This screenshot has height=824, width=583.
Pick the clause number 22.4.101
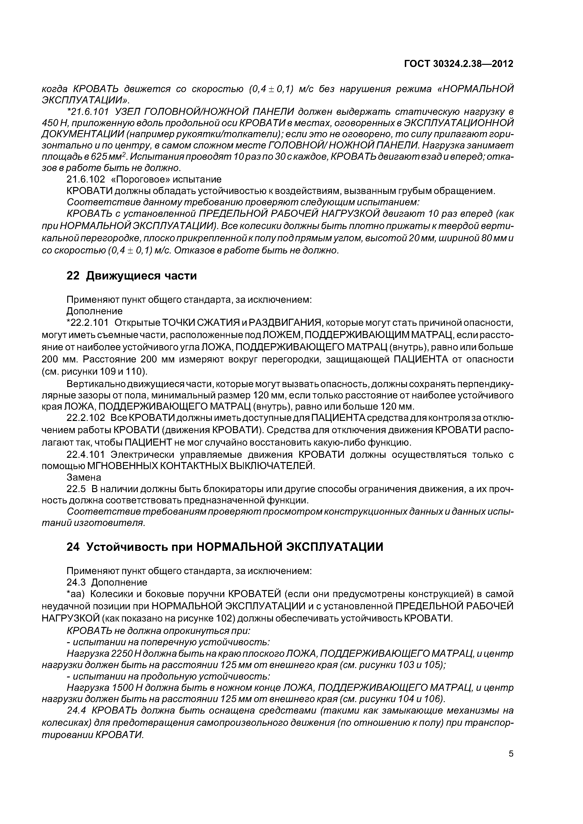86,455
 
